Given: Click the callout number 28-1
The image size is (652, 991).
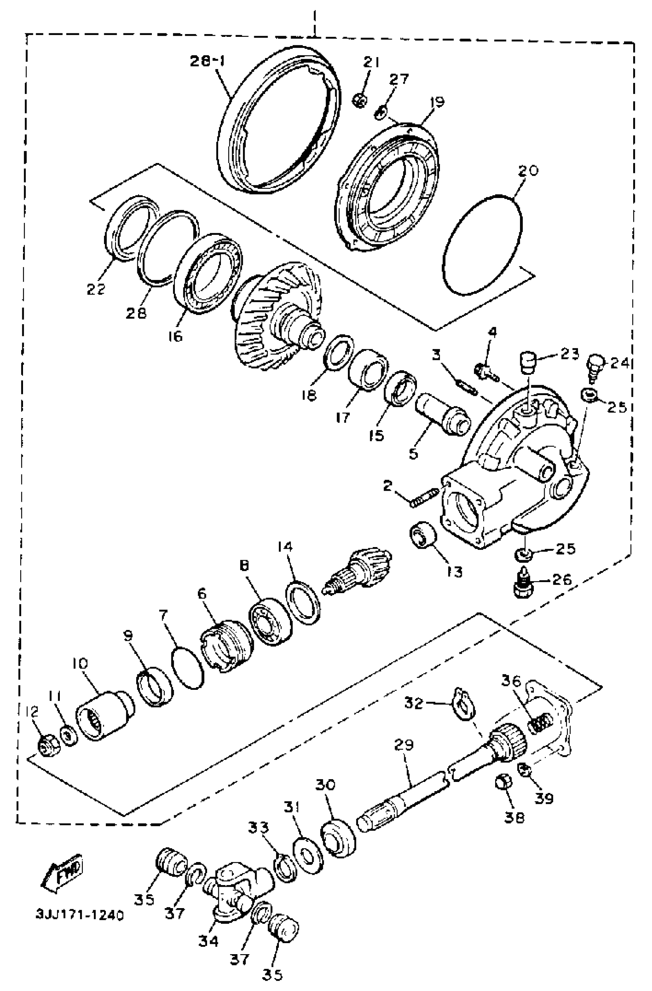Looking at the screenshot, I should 207,61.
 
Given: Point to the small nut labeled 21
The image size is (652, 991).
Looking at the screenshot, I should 360,100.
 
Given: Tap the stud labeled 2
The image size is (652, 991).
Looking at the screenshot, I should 424,498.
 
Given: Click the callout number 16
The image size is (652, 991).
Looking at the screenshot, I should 175,336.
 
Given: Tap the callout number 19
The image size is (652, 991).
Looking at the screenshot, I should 437,101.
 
